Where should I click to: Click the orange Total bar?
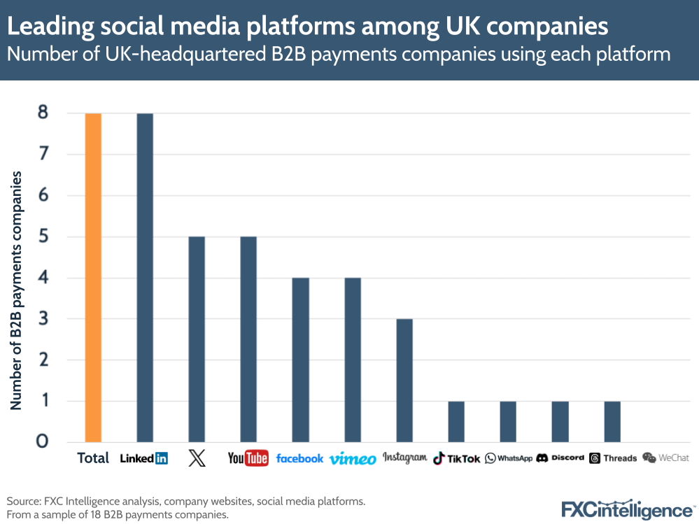click(93, 277)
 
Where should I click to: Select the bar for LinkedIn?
click(145, 277)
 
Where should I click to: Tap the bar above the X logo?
click(197, 339)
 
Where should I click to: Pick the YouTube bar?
click(248, 339)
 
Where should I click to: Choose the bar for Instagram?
click(404, 381)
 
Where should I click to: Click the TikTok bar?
click(456, 422)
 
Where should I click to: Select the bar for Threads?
click(612, 422)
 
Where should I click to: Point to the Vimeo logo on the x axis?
click(353, 459)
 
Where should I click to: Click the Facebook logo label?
click(299, 458)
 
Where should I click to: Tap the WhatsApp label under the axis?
click(509, 458)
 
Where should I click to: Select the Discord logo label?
click(560, 458)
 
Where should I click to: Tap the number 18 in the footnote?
click(89, 515)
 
